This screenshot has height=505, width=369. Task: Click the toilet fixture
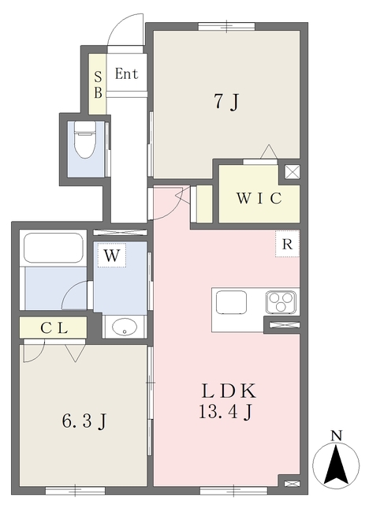(85, 140)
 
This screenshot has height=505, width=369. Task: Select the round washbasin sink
(124, 327)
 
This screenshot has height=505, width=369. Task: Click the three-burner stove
(281, 302)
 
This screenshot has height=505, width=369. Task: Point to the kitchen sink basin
(231, 302)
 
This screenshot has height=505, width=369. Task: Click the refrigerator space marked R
(287, 244)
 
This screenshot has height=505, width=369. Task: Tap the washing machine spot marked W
(112, 255)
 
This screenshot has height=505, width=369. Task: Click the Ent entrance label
(126, 73)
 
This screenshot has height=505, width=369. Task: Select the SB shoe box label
(98, 84)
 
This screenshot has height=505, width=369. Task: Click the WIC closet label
(259, 198)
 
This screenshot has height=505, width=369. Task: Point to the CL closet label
(54, 328)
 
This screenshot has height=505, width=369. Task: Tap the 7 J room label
(227, 102)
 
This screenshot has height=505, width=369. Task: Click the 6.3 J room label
(84, 421)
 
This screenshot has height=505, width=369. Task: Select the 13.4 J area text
(225, 411)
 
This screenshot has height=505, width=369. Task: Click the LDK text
(229, 391)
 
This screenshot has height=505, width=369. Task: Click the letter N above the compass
(336, 436)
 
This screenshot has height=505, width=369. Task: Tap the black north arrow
(336, 465)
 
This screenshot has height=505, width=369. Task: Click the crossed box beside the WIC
(292, 172)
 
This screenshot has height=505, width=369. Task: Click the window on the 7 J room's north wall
(226, 26)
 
